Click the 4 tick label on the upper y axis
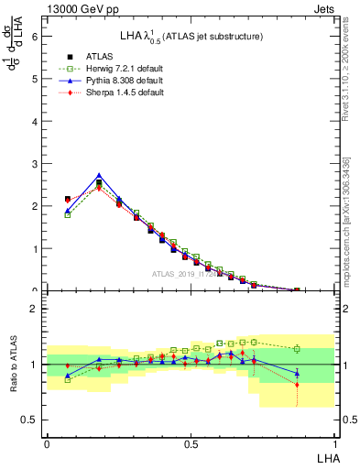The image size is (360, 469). tap(35, 121)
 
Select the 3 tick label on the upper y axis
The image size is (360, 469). tap(35, 163)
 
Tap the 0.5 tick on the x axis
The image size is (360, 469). tap(190, 442)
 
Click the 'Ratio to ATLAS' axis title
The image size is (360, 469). tap(13, 365)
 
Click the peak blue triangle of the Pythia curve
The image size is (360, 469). tap(99, 175)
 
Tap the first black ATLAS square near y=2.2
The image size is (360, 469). tap(68, 199)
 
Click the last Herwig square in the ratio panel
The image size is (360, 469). tap(296, 349)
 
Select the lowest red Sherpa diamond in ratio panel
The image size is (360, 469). tap(296, 385)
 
